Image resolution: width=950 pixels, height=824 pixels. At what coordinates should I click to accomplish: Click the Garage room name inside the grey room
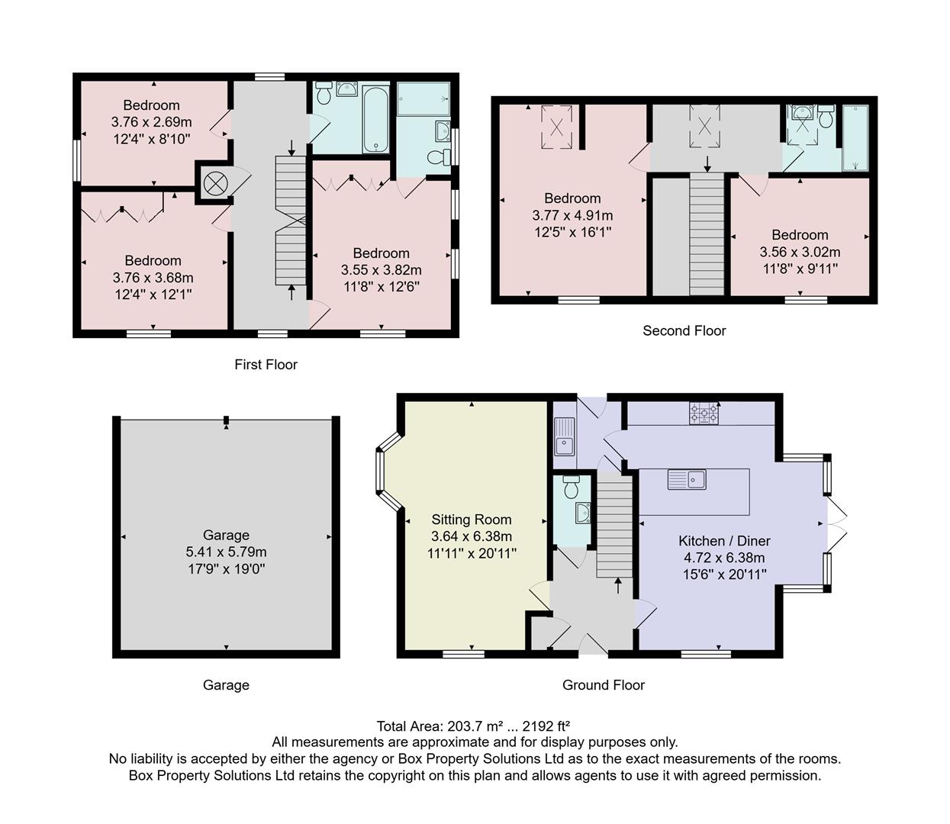(x=226, y=535)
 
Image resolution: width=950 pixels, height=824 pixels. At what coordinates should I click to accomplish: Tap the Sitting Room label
(x=472, y=520)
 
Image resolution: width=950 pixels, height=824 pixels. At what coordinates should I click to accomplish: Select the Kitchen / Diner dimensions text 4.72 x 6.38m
(x=724, y=558)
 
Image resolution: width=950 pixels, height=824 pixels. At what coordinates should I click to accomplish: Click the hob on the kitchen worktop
(x=704, y=413)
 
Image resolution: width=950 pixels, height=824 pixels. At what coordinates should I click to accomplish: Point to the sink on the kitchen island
(x=687, y=480)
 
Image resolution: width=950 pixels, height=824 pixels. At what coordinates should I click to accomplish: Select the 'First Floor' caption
(x=266, y=365)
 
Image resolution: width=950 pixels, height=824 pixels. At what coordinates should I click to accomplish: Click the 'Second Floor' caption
(x=684, y=330)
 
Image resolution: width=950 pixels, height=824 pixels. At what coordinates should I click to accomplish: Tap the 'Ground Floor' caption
(x=603, y=685)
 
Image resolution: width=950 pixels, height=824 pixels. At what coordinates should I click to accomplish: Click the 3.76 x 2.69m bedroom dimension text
(x=151, y=122)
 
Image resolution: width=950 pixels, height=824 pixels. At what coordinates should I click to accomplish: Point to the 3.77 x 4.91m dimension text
(x=572, y=215)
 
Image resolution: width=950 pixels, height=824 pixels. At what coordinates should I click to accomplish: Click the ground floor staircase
(x=615, y=526)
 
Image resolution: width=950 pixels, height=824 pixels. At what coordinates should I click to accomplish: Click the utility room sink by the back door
(x=564, y=436)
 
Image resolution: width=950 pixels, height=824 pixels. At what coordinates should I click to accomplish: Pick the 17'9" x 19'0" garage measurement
(x=226, y=568)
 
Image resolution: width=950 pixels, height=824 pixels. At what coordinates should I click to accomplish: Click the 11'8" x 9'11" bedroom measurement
(x=800, y=269)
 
